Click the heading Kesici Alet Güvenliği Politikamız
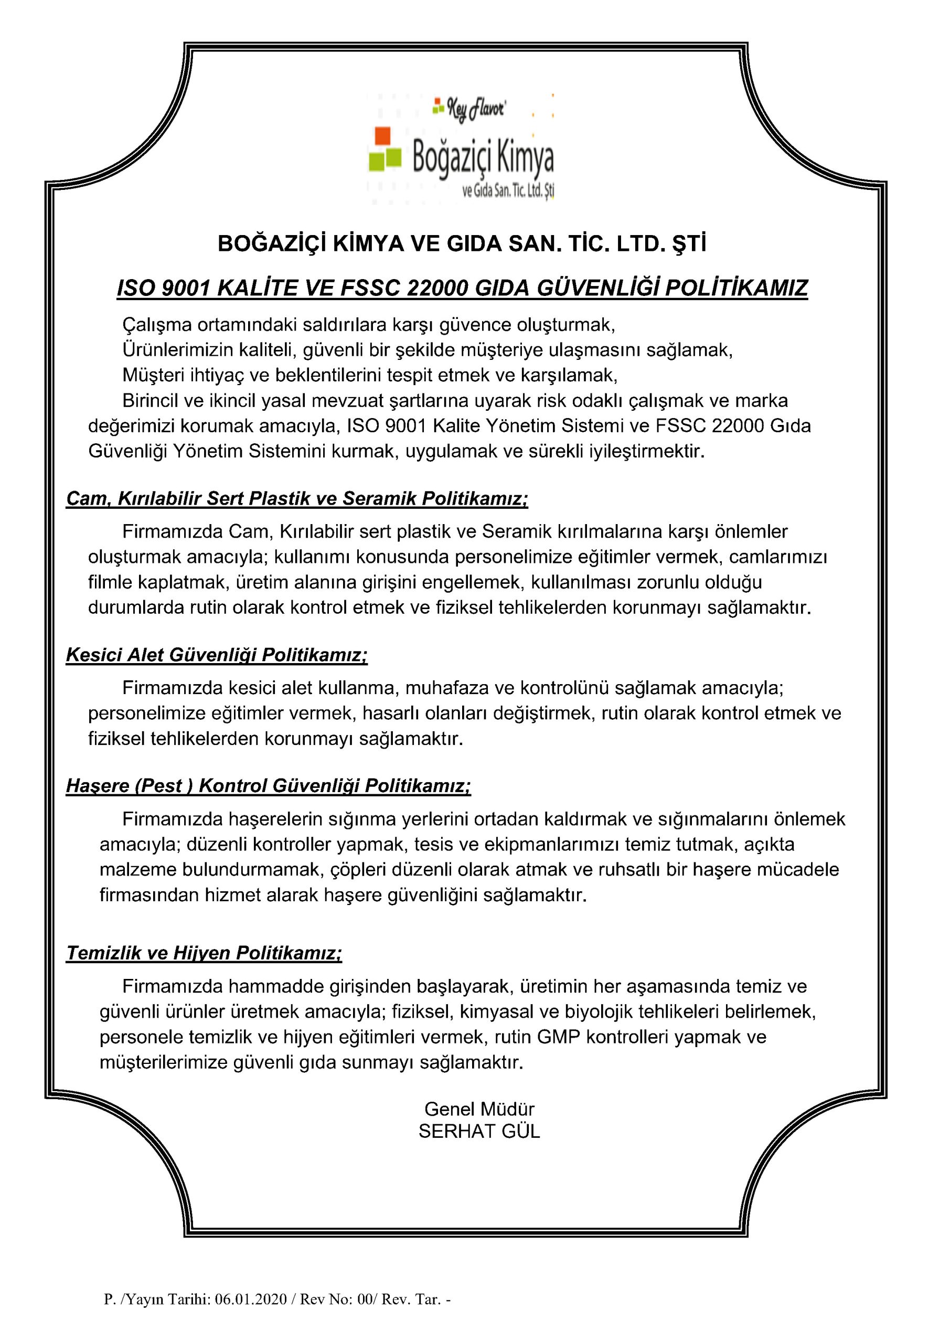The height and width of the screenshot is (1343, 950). coord(217,655)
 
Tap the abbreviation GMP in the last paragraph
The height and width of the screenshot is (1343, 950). coord(558,1037)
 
